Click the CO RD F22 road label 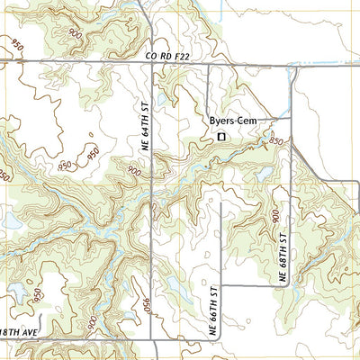[168, 56]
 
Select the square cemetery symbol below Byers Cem [220, 137]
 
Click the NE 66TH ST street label [214, 310]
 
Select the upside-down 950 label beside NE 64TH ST [142, 306]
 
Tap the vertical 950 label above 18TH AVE [38, 295]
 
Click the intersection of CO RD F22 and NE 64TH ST [151, 63]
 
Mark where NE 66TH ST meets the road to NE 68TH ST [221, 286]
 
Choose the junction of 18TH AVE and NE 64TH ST [151, 340]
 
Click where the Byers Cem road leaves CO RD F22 [209, 64]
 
